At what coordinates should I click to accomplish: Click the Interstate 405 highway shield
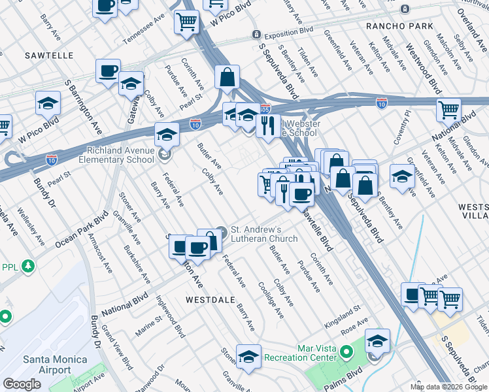(265, 109)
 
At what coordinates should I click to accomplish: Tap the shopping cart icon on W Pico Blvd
(186, 22)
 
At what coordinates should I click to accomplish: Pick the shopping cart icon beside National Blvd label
(448, 109)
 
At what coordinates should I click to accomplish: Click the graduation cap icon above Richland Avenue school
(167, 134)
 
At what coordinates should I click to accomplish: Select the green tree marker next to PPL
(27, 267)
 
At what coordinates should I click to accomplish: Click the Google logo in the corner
(22, 384)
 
